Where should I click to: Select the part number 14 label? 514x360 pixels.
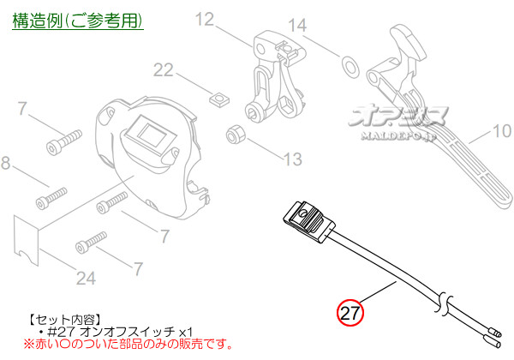pyautogui.click(x=296, y=27)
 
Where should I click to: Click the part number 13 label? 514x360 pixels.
pyautogui.click(x=293, y=158)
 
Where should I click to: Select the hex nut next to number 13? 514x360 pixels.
pyautogui.click(x=234, y=135)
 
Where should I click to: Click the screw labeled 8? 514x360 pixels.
pyautogui.click(x=48, y=201)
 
